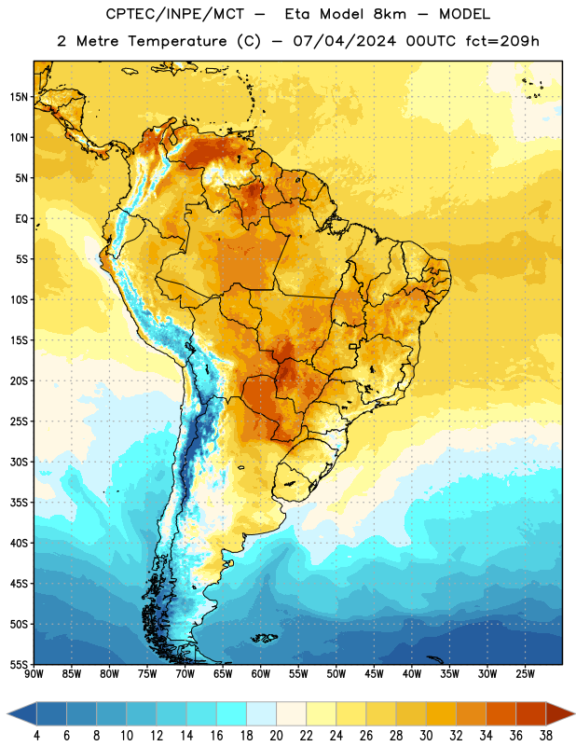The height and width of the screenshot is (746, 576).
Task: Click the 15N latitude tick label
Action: (19, 97)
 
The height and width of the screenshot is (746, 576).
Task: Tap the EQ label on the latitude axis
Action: (21, 219)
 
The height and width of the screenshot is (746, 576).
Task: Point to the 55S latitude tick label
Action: (19, 664)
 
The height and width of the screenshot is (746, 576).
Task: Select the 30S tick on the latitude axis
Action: (19, 462)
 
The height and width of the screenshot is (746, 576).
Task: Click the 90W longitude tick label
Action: (34, 674)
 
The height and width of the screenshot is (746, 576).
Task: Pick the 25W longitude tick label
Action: (525, 674)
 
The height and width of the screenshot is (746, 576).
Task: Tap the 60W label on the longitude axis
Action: (261, 674)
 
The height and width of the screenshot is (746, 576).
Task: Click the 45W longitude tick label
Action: (375, 674)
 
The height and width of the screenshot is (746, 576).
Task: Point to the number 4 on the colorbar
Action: (36, 736)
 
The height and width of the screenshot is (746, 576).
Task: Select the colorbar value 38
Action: (546, 736)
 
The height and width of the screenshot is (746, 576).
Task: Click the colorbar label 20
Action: (276, 736)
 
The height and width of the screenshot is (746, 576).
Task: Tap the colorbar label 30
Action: (426, 736)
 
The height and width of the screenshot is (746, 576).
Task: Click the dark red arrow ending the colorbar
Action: (559, 713)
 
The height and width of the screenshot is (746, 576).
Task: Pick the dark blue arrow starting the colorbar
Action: (22, 713)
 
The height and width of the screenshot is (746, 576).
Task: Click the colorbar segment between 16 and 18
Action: (232, 713)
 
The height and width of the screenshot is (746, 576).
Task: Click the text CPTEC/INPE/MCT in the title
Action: (174, 14)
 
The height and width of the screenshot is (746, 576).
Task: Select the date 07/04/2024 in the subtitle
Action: (344, 41)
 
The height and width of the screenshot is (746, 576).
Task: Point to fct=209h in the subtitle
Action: (502, 41)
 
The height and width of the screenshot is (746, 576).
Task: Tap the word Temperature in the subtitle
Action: (177, 41)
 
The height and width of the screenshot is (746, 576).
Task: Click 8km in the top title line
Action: (390, 14)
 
